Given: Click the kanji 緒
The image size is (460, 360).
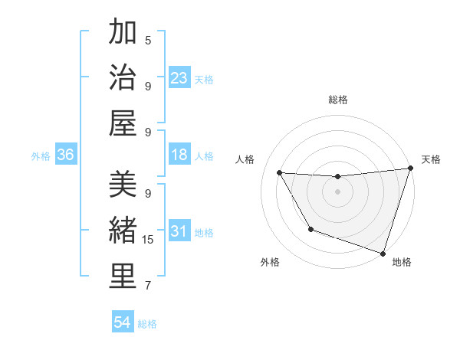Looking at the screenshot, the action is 123,230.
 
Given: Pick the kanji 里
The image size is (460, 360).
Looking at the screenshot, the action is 123,275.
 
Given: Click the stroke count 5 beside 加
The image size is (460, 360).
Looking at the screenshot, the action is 148,41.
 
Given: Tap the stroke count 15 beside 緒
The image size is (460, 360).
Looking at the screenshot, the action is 149,240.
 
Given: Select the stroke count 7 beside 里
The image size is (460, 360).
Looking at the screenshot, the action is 148,286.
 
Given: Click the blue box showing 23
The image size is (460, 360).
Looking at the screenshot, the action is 179,78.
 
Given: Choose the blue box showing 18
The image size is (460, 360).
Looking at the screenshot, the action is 179,155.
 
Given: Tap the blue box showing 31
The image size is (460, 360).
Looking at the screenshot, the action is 179,231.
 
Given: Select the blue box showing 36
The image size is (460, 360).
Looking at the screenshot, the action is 66,155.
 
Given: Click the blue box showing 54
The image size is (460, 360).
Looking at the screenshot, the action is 123,322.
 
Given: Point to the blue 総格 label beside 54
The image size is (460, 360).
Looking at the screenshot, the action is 147,324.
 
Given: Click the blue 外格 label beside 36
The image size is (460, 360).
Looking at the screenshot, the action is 41,156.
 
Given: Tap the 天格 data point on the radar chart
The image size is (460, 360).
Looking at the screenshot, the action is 410,169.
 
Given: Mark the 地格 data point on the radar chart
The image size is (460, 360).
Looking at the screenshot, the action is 383,253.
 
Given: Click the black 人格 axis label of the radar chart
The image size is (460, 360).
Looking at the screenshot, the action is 245,159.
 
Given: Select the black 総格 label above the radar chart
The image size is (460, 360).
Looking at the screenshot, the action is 337,100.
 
